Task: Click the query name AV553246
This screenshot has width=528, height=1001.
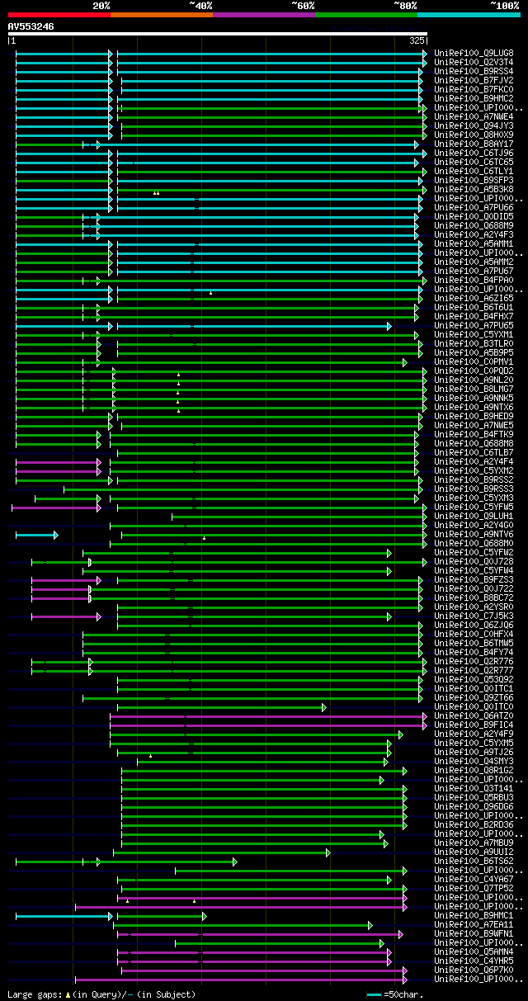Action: tap(31, 26)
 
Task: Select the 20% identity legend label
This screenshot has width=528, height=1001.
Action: tap(101, 6)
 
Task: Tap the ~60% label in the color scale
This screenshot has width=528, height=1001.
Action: tap(303, 6)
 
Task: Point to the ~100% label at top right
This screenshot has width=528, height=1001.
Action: tap(504, 6)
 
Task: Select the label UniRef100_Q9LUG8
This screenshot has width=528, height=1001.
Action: tap(474, 53)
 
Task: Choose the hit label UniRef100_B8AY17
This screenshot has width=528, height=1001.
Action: tap(474, 144)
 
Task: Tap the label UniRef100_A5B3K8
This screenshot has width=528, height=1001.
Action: tap(474, 189)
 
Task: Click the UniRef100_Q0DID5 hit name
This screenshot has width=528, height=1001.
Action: tap(474, 216)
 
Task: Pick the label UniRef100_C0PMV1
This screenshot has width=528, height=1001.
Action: tap(474, 361)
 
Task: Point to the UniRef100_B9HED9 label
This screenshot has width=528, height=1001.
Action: tap(474, 416)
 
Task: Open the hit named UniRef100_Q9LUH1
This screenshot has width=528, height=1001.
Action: tap(474, 516)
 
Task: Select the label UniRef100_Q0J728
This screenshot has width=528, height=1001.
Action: tap(474, 561)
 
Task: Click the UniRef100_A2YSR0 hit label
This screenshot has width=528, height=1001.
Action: tap(474, 607)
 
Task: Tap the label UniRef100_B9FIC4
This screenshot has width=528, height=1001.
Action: tap(474, 725)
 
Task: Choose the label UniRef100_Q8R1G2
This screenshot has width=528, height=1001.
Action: tap(474, 770)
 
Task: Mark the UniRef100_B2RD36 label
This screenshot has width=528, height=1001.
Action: tap(474, 824)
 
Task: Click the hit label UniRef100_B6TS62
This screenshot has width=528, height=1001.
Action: tap(474, 861)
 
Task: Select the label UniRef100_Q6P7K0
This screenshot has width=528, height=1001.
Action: tap(474, 970)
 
